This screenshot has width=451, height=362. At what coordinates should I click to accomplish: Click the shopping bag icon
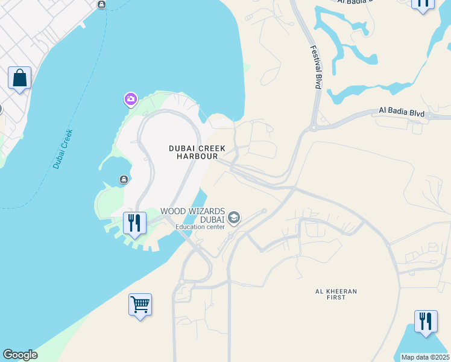tap(19, 78)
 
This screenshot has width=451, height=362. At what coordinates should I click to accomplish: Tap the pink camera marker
tap(130, 98)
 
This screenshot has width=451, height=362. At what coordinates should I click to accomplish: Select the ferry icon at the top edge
tap(101, 5)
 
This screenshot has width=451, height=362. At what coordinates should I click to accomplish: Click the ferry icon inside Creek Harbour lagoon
tap(124, 179)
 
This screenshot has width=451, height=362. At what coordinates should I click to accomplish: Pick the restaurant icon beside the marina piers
tap(134, 223)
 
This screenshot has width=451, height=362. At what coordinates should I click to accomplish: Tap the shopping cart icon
tap(140, 305)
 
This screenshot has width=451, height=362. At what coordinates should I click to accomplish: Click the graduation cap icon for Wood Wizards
tap(234, 218)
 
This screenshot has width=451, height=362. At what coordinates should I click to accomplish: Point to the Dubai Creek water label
tap(63, 148)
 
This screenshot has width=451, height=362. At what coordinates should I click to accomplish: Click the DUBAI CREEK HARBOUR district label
tap(197, 152)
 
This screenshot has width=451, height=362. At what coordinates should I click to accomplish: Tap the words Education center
tap(200, 227)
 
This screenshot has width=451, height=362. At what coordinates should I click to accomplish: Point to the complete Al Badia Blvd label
tap(402, 112)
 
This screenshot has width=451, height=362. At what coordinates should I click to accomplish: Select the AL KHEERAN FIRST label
tap(336, 294)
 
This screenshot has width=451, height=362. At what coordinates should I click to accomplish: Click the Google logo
tap(20, 355)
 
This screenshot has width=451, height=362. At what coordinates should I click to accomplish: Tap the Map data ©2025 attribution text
tap(426, 357)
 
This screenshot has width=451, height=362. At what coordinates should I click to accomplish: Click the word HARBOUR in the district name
tap(197, 156)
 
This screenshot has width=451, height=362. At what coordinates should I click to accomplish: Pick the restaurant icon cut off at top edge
tap(423, 4)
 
